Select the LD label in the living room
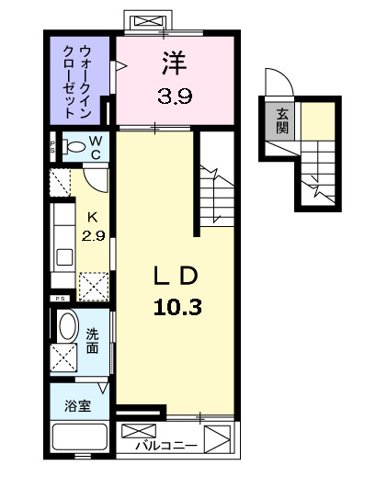(x=175, y=277)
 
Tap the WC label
(x=96, y=148)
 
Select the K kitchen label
(x=92, y=217)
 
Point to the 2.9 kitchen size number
(x=92, y=234)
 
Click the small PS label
(x=58, y=298)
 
